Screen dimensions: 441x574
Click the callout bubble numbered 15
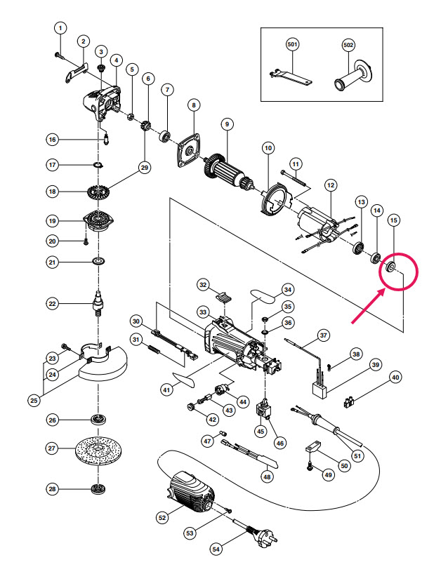tap(394, 220)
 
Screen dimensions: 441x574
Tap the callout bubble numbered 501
tap(292, 45)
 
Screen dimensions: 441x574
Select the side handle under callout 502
tap(353, 76)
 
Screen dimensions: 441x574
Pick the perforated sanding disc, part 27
tap(98, 449)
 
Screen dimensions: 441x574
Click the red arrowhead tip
tap(383, 290)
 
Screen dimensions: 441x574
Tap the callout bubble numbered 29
tap(145, 167)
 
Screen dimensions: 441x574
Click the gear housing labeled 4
tap(103, 103)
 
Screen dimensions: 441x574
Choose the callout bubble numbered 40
tap(395, 378)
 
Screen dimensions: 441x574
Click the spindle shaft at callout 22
tap(98, 302)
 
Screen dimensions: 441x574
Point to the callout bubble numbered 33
tap(204, 313)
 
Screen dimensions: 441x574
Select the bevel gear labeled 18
tap(98, 192)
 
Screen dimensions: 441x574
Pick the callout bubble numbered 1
tap(61, 28)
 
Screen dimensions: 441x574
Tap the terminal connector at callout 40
tap(350, 402)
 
